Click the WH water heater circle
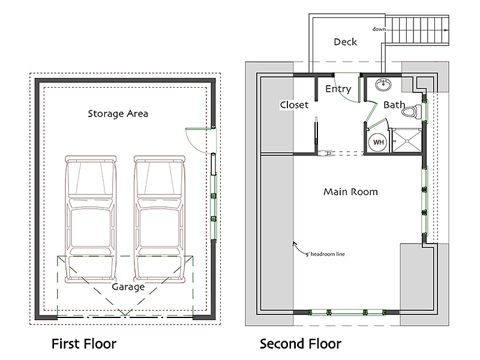coord(379,142)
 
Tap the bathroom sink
coord(383,85)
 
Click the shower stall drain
coord(407,141)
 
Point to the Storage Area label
coord(118,114)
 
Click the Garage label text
coord(128,287)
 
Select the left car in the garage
coord(91,219)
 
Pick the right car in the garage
coord(160,219)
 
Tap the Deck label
coord(346,42)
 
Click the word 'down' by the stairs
coord(379,29)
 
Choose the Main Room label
coord(350,192)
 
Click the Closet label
coord(294,105)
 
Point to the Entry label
coord(338,89)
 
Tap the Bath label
coord(394,105)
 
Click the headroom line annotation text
coord(325,254)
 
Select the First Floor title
coord(84,344)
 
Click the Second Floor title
coord(301,344)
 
